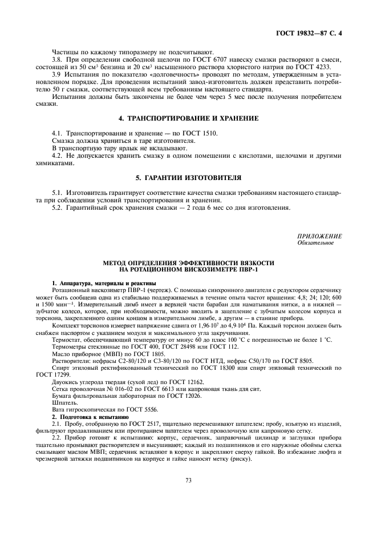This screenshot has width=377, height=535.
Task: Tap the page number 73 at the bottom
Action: [x=188, y=480]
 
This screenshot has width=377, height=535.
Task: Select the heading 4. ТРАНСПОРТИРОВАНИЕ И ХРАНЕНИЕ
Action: [x=188, y=118]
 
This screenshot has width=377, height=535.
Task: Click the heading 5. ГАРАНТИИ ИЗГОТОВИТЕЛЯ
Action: [x=188, y=177]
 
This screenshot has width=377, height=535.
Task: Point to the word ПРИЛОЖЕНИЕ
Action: [x=319, y=236]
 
